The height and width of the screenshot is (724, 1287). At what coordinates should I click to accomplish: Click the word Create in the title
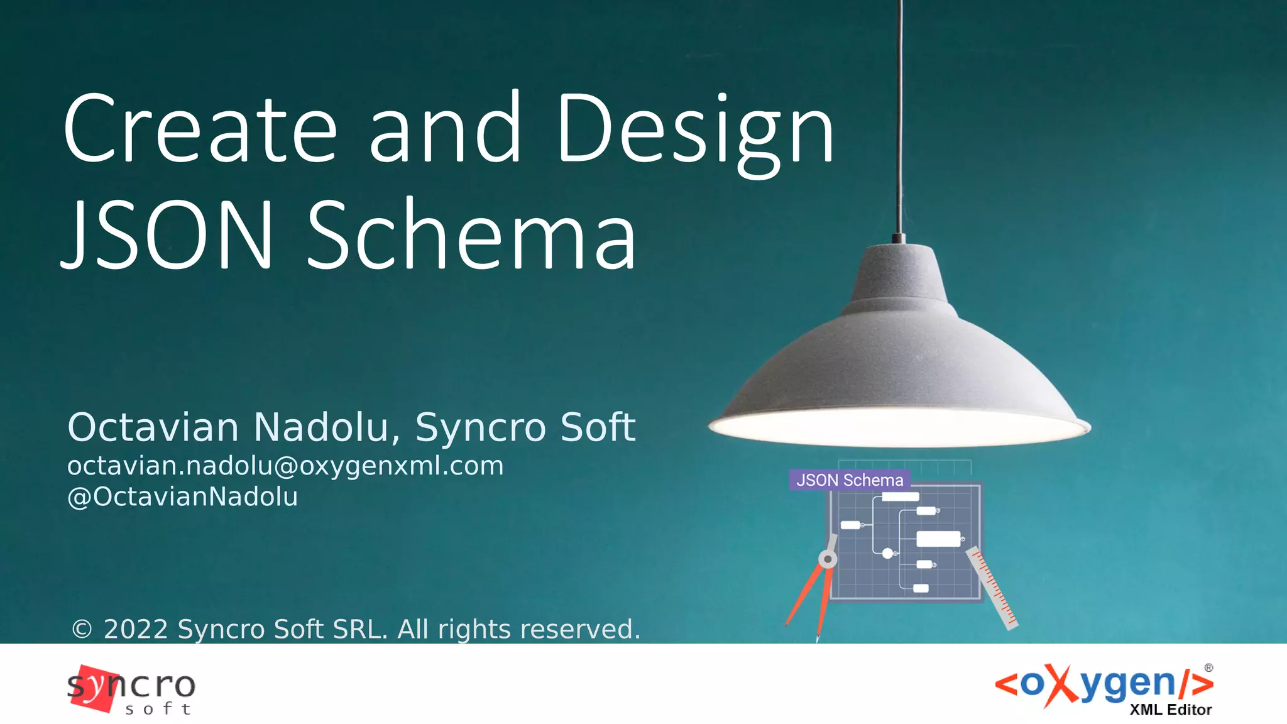coord(200,129)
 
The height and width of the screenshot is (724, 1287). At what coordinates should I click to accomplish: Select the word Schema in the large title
coord(472,235)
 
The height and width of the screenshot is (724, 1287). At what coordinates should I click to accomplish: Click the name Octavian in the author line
coord(153,427)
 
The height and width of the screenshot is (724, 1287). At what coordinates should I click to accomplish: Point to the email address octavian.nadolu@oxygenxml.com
coord(285,466)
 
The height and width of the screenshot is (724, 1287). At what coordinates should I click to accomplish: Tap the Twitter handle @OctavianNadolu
coord(182,497)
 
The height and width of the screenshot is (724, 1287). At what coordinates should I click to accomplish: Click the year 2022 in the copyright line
coord(135,629)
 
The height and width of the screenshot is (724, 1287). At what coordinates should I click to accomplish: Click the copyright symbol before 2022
coord(82,629)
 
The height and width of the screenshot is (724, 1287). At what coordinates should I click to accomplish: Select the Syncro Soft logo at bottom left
coord(131,689)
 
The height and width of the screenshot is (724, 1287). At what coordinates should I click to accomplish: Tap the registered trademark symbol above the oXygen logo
coord(1208,668)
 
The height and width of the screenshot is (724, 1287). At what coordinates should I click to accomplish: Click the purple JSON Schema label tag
coord(849,480)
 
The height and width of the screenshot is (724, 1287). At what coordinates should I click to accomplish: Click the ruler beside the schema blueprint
coord(991,588)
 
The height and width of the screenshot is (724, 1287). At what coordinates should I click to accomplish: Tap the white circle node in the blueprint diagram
coord(887,554)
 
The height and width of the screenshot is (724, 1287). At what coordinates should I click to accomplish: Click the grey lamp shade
coord(899,352)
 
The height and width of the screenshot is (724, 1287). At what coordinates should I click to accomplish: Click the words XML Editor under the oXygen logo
coord(1170,710)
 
